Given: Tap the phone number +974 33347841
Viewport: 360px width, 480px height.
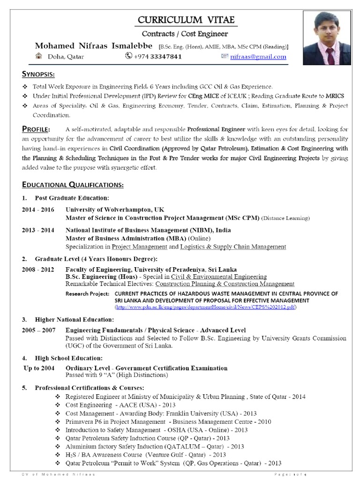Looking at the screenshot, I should (x=158, y=57).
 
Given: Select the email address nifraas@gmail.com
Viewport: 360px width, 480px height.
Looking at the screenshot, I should (x=258, y=57).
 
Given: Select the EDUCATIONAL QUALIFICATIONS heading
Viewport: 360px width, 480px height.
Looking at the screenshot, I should (x=73, y=185).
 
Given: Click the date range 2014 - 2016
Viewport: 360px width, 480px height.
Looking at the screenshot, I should (x=38, y=210).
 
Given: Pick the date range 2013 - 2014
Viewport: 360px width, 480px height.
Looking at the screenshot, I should (x=38, y=230).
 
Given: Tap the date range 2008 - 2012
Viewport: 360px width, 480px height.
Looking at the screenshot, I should (x=38, y=270).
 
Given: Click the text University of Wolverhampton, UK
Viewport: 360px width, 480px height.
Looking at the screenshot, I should (x=115, y=210).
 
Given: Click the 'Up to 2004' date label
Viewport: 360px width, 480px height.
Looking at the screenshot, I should (x=39, y=368).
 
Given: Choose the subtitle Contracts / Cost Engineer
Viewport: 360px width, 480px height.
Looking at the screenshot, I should (x=185, y=34).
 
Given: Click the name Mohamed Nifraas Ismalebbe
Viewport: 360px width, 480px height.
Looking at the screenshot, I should (x=94, y=46).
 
